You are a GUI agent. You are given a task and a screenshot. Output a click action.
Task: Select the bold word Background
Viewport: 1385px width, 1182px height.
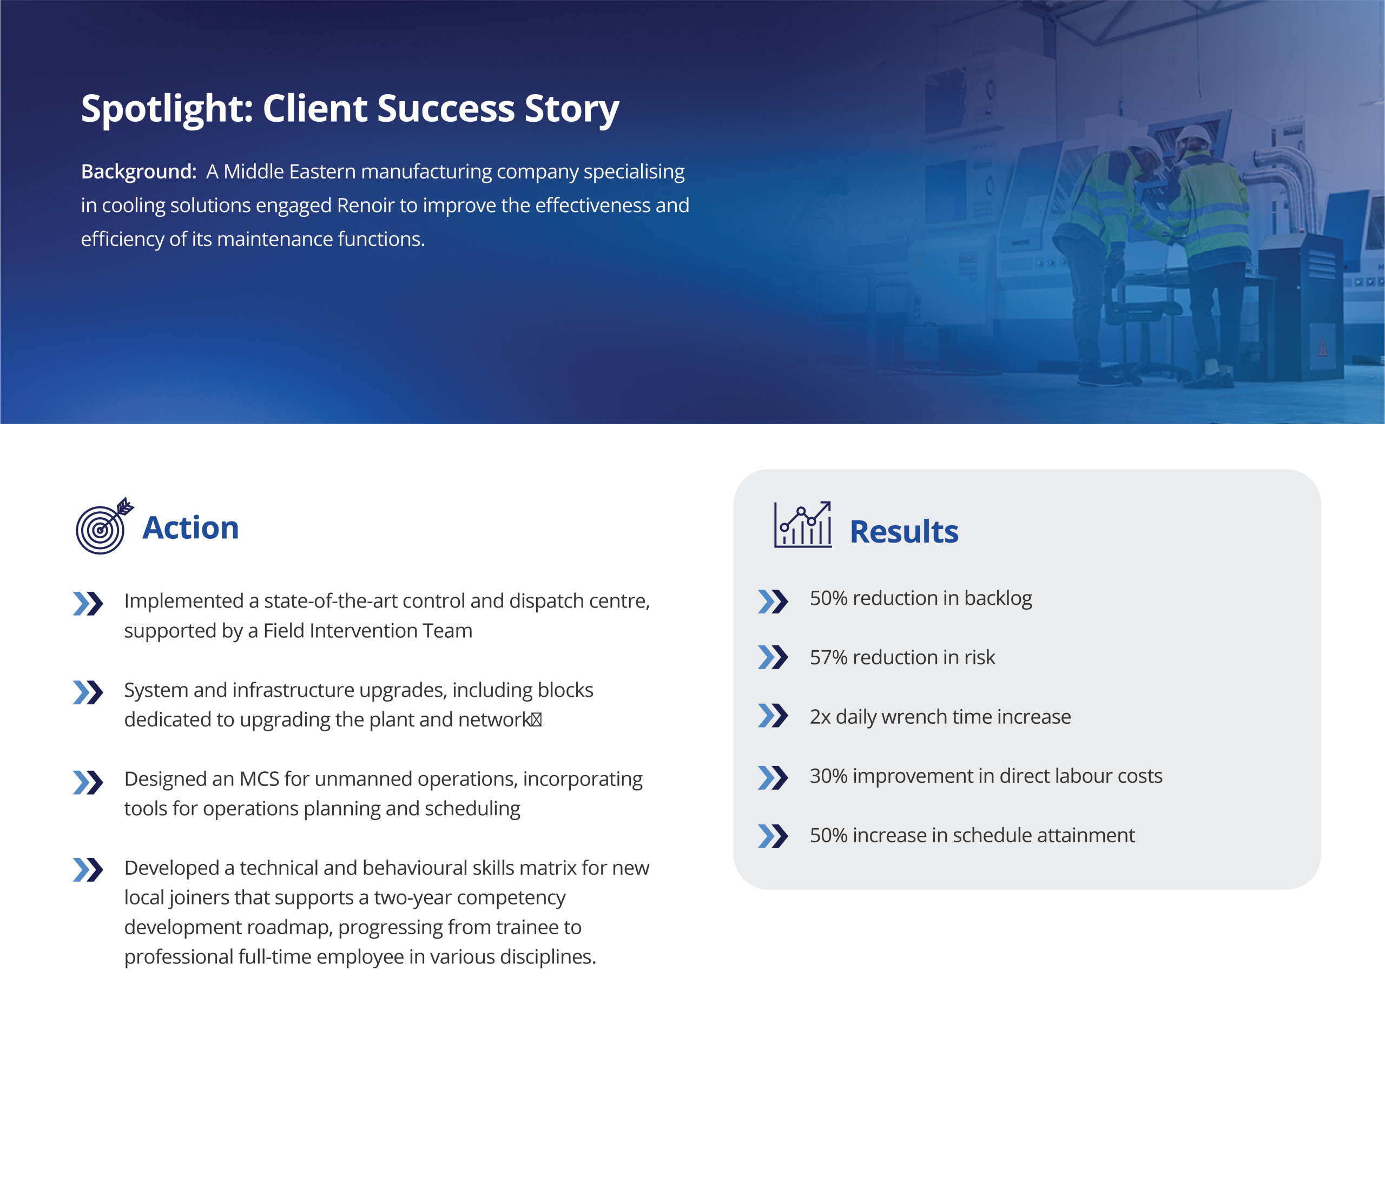(138, 172)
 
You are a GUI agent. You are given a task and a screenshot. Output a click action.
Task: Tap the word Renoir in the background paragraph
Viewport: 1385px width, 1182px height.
(366, 205)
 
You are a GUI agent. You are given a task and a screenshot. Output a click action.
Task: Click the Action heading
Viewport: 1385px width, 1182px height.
(190, 527)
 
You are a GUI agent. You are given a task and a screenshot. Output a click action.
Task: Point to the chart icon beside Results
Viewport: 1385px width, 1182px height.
(803, 525)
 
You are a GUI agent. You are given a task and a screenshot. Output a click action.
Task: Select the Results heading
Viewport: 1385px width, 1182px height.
(903, 532)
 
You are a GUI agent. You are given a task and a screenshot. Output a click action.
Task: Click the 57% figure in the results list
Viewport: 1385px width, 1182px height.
(829, 658)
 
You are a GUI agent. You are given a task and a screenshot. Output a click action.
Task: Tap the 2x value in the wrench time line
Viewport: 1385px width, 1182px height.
(820, 717)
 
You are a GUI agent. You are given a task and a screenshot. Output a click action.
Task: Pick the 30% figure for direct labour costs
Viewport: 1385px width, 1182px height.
(829, 776)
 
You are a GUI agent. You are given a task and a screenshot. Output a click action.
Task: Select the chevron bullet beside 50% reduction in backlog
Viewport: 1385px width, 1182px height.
(773, 602)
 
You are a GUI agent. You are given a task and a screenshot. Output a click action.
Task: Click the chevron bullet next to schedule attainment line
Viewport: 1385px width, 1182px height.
(773, 836)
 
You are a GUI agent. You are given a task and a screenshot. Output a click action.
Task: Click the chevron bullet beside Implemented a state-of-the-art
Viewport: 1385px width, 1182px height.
(88, 604)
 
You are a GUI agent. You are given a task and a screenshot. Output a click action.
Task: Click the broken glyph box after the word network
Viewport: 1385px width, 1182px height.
(536, 719)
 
